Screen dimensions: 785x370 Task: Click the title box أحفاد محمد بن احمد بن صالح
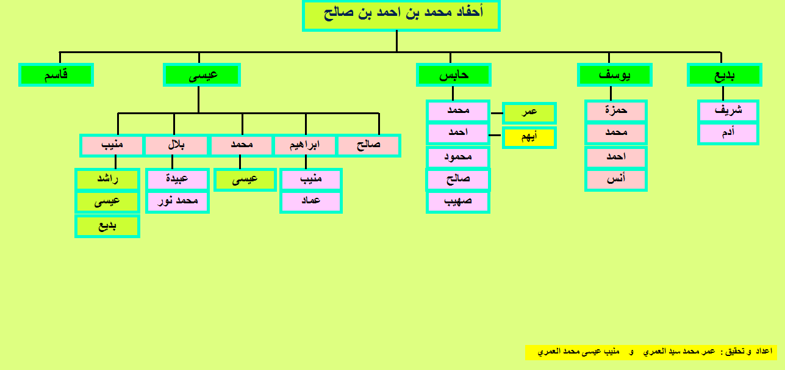(401, 16)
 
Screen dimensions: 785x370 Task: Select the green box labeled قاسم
(56, 74)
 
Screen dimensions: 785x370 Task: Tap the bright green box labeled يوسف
(615, 74)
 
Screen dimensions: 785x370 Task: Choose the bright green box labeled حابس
(454, 74)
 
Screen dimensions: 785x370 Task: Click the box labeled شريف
(728, 111)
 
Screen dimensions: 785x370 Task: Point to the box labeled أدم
(728, 133)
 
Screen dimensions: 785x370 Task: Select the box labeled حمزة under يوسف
(616, 111)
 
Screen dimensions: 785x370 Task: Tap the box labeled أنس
(616, 180)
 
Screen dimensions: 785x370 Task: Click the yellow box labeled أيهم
(529, 137)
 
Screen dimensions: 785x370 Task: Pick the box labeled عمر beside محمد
(529, 113)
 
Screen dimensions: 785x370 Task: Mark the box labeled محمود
(458, 157)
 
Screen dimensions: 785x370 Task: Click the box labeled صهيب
(458, 202)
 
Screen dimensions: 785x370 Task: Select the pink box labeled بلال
(176, 145)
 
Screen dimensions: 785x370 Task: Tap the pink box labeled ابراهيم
(304, 145)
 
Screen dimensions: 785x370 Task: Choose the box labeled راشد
(107, 180)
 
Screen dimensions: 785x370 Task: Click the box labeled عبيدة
(177, 180)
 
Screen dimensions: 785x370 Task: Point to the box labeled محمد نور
(177, 201)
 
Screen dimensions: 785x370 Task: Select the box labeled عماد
(311, 201)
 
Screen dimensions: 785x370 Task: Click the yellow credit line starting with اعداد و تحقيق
(651, 352)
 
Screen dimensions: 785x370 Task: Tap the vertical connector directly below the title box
(396, 42)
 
